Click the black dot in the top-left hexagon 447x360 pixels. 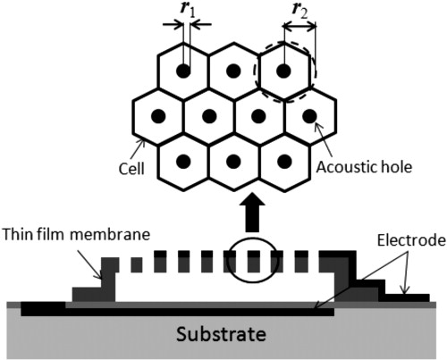tap(183, 71)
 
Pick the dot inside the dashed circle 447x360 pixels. tap(284, 71)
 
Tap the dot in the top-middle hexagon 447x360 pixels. tap(233, 71)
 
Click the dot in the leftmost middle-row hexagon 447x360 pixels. tap(158, 116)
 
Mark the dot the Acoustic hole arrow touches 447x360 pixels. tap(309, 116)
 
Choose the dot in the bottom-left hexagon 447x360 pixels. tap(183, 162)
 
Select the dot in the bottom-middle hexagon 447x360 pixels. tap(233, 162)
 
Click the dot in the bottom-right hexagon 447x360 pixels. tap(284, 162)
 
